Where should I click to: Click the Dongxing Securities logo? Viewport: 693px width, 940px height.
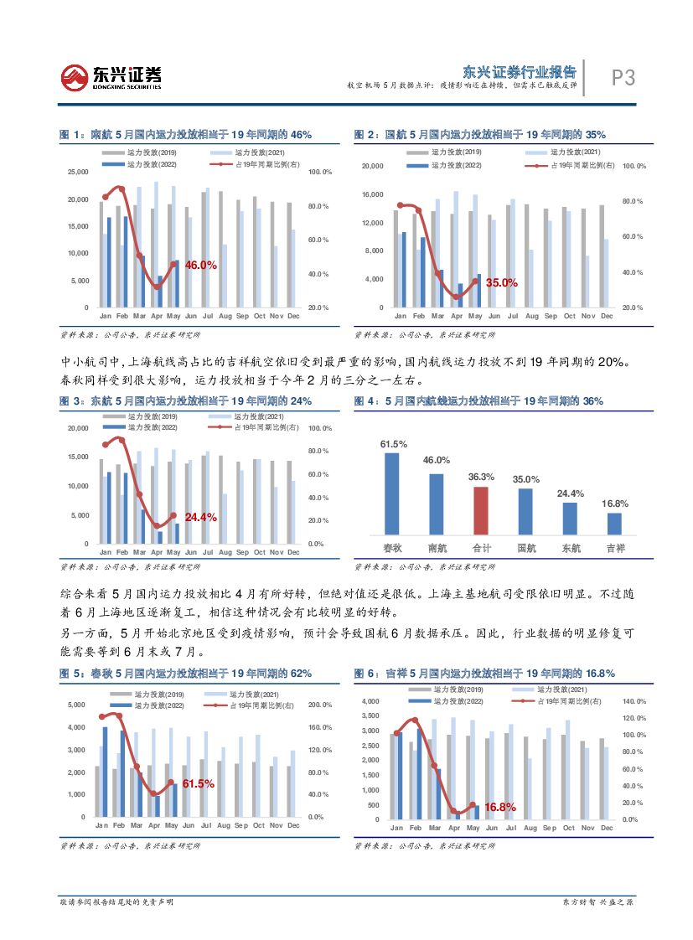pos(111,78)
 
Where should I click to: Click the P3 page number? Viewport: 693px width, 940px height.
pos(621,79)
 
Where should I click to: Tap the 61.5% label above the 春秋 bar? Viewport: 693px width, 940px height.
pos(392,444)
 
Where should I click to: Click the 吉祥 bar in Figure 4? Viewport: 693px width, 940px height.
pos(614,523)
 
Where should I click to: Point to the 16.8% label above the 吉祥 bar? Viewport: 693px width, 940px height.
pos(614,504)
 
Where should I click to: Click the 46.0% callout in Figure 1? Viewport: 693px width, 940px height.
pos(200,265)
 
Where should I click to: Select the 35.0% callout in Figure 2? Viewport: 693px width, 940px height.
pos(501,283)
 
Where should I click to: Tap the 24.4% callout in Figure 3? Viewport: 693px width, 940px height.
pos(200,517)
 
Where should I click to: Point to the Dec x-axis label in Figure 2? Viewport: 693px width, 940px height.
pos(607,316)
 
